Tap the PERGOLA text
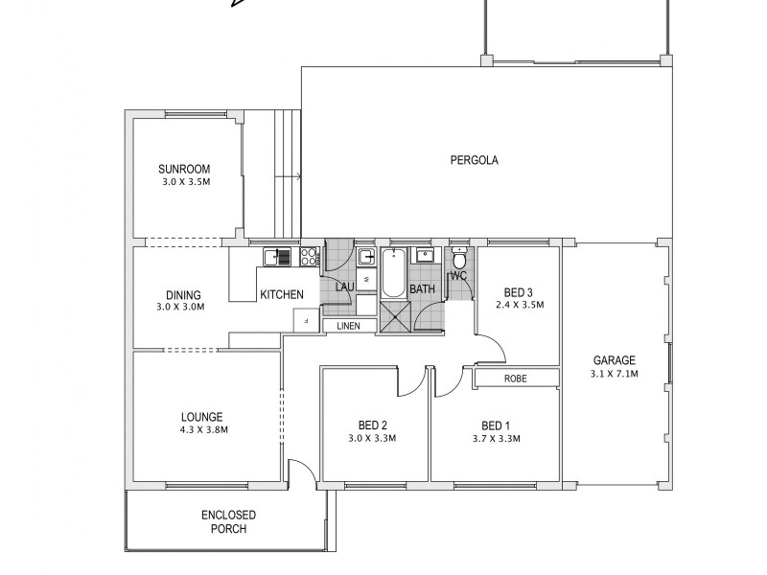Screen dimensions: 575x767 pyautogui.click(x=475, y=160)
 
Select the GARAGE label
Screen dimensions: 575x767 pyautogui.click(x=614, y=361)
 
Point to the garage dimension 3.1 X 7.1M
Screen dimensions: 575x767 pyautogui.click(x=614, y=374)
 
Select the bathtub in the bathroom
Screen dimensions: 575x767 pyautogui.click(x=393, y=273)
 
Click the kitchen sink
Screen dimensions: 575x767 pyautogui.click(x=278, y=256)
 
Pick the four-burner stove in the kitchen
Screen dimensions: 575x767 pyautogui.click(x=310, y=256)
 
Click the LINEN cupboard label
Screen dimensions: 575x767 pyautogui.click(x=350, y=327)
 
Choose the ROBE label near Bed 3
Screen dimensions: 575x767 pyautogui.click(x=515, y=379)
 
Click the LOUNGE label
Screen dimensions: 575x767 pyautogui.click(x=201, y=417)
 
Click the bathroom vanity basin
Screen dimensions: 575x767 pyautogui.click(x=424, y=257)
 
